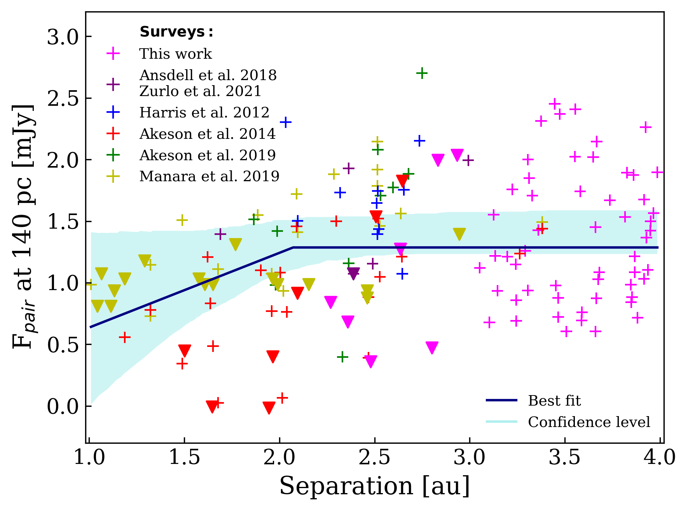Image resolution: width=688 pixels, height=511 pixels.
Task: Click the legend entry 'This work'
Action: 175,54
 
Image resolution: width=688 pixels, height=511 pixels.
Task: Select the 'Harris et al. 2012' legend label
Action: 204,112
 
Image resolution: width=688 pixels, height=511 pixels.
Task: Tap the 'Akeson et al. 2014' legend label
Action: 207,134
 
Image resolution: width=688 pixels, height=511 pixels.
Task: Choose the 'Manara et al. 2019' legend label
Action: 209,176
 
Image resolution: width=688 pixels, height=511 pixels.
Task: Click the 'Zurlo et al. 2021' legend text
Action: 200,91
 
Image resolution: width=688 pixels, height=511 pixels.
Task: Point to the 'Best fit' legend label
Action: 554,401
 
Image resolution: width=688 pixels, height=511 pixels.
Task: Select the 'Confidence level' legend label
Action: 588,422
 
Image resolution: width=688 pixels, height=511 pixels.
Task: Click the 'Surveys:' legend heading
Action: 176,32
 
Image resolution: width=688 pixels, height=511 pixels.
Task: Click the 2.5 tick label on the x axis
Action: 374,458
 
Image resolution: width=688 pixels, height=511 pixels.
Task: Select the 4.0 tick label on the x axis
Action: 660,458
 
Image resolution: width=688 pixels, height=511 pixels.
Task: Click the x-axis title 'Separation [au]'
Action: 374,486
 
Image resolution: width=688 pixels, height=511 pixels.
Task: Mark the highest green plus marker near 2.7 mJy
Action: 422,73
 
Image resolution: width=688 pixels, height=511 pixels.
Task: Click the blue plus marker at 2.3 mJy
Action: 286,122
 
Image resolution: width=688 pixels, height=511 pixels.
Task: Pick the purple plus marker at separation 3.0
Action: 468,160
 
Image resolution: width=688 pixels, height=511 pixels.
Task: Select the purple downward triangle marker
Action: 353,273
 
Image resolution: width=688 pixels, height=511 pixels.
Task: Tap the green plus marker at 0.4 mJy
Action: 342,357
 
